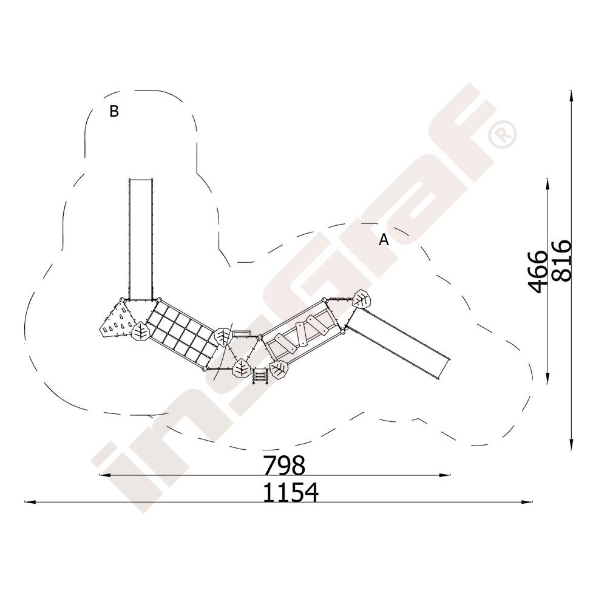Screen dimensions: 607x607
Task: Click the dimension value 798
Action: [x=284, y=466]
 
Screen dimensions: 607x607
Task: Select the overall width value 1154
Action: [x=291, y=492]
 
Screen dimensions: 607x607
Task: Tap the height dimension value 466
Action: [x=538, y=272]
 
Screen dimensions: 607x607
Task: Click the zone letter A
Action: [x=383, y=240]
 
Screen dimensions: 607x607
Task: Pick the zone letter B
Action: [x=114, y=111]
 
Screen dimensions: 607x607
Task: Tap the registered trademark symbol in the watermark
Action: [x=503, y=134]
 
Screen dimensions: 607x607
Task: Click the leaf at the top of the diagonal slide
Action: [x=362, y=299]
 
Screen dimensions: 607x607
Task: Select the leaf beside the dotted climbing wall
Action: [x=140, y=331]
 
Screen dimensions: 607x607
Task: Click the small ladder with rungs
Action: [x=260, y=376]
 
